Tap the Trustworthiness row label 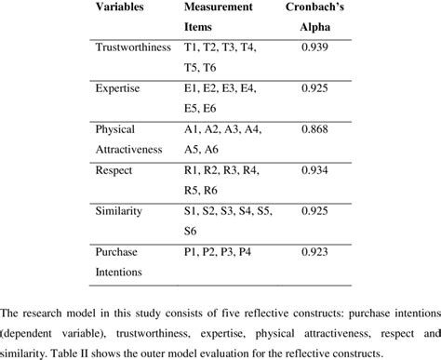click(134, 46)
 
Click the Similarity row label click(119, 212)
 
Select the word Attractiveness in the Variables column click(135, 149)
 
